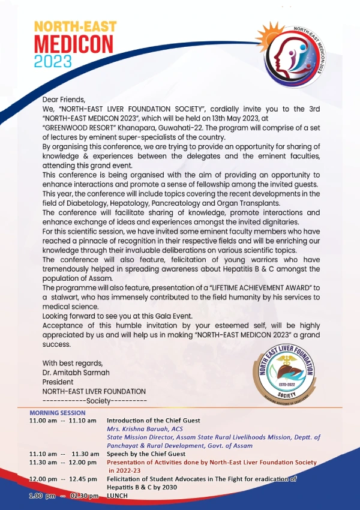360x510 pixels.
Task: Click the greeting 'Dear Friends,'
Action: coord(64,100)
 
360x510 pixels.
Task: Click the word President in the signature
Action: coord(58,382)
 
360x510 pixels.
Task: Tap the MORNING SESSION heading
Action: coord(58,413)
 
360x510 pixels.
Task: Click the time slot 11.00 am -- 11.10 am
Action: coord(63,421)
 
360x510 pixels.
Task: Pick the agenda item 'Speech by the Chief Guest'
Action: coord(146,454)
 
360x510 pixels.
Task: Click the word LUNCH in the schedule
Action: coord(118,496)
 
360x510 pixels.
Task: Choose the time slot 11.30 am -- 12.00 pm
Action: coord(63,463)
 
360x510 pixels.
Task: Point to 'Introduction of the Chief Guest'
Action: coord(154,421)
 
